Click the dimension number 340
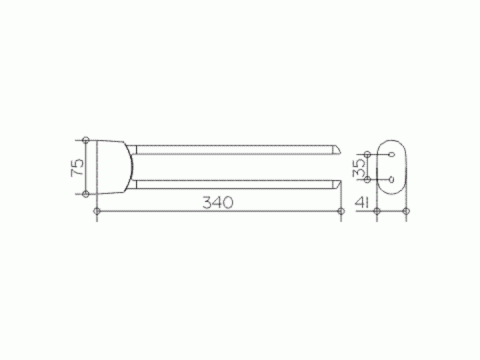217,203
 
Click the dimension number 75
77,167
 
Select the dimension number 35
359,168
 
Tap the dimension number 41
362,203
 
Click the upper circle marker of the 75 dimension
86,141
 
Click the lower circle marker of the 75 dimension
86,194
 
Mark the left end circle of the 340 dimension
97,211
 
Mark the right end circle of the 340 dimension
341,211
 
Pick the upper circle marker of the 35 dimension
367,154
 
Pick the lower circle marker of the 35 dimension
367,179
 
